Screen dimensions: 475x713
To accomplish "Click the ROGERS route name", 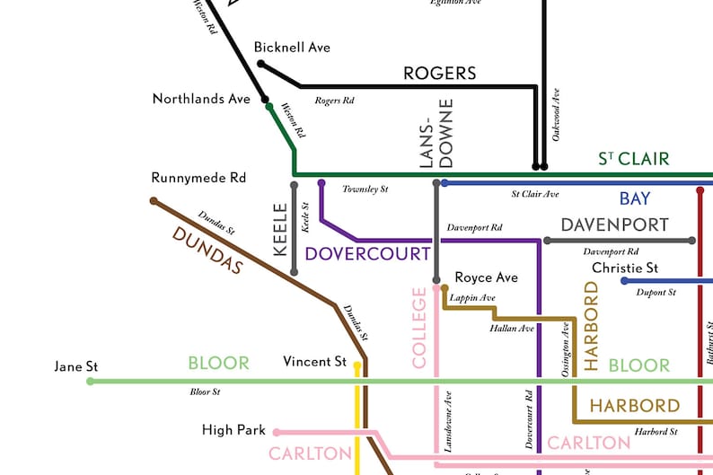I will (439, 73).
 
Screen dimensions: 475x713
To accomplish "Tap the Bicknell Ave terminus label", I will (292, 47).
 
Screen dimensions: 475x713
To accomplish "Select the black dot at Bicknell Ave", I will (260, 64).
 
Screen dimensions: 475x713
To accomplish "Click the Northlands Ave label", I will (201, 99).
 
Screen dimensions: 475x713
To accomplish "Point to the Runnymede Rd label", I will (198, 178).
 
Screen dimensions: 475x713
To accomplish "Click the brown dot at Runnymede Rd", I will (154, 201).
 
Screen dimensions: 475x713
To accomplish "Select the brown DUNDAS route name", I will (207, 251).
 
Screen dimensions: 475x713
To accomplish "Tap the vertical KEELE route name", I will (280, 230).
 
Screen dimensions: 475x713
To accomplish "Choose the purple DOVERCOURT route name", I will (367, 253).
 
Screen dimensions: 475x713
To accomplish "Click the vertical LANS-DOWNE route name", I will (437, 134).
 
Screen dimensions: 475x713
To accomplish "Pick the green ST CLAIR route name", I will (634, 159).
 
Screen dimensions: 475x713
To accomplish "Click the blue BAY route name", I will (634, 198).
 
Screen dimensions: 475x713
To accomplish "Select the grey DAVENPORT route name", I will (614, 224).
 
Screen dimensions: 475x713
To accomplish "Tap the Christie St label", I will (625, 268).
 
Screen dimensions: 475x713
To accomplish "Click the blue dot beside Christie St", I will (625, 281).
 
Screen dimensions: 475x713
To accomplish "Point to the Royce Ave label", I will (486, 277).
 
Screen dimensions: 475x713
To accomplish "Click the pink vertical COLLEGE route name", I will (419, 328).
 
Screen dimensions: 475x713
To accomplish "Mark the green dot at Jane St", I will (90, 382).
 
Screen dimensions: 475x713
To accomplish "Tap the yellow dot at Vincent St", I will (357, 366).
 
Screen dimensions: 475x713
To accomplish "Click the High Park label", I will (233, 431).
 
